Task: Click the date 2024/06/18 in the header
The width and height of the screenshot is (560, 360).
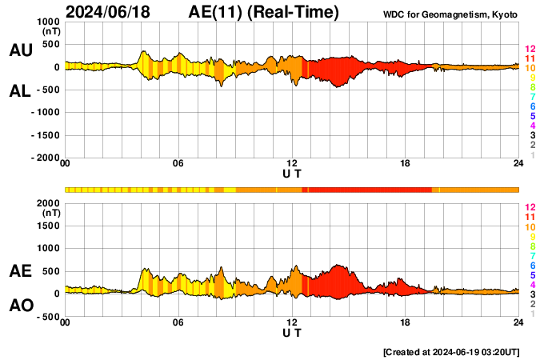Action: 110,13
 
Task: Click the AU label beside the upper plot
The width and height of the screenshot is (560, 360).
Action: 20,50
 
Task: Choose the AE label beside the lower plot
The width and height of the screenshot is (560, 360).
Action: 20,271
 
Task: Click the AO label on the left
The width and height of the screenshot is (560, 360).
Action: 20,306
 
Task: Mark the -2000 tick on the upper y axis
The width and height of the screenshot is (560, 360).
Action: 43,158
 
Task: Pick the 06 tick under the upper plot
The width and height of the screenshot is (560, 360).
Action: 178,164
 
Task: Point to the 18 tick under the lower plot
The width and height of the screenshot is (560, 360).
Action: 406,322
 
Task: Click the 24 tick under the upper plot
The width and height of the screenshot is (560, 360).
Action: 518,164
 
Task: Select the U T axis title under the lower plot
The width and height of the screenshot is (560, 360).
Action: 292,332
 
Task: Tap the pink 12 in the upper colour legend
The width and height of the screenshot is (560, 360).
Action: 530,50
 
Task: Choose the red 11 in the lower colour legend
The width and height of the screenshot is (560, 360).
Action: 530,218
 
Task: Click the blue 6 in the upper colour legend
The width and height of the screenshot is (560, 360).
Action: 532,107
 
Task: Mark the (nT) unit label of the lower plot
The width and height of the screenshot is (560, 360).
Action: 50,214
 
